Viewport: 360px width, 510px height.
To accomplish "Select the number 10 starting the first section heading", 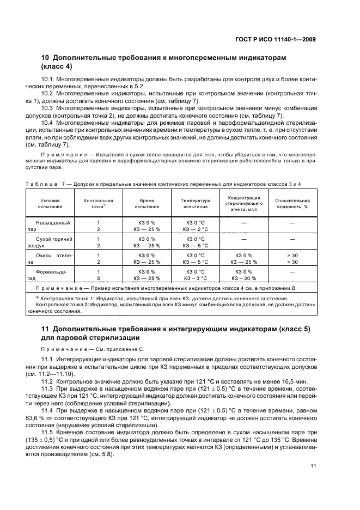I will click(46, 57).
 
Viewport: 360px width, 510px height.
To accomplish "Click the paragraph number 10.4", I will click(47, 115).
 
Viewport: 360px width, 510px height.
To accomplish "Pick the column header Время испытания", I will click(147, 204).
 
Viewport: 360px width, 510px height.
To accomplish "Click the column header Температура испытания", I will click(195, 204).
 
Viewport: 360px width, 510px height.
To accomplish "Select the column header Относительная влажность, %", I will click(292, 204).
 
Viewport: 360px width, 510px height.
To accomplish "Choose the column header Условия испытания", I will click(50, 204).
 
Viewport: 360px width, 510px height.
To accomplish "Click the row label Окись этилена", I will click(50, 258).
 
